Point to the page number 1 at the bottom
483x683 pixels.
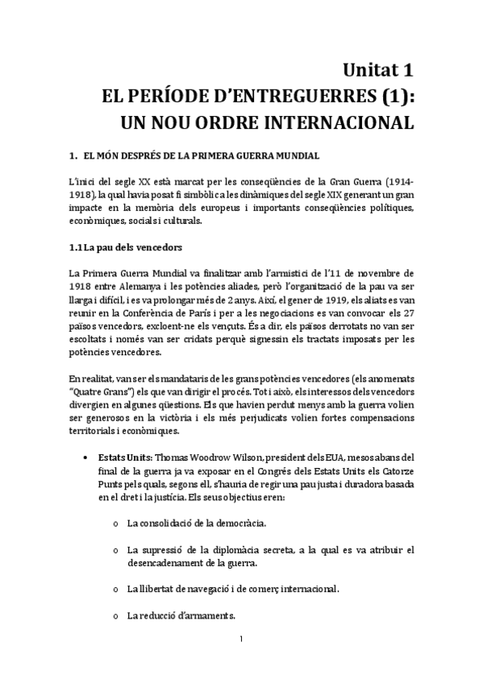click(242, 641)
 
